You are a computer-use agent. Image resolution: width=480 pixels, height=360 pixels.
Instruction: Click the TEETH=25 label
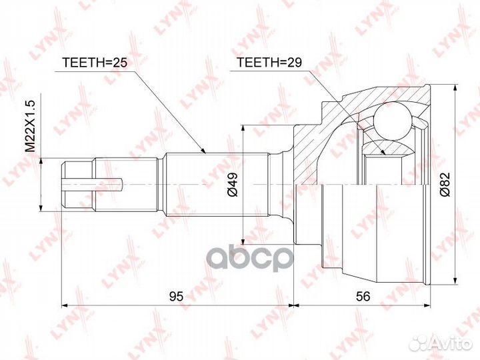(95, 63)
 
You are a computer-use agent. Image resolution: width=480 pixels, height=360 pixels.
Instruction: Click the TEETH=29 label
(269, 63)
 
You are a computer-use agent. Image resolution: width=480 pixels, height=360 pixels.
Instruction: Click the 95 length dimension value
(177, 296)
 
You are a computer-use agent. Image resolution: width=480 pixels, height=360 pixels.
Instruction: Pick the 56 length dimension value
(363, 296)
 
